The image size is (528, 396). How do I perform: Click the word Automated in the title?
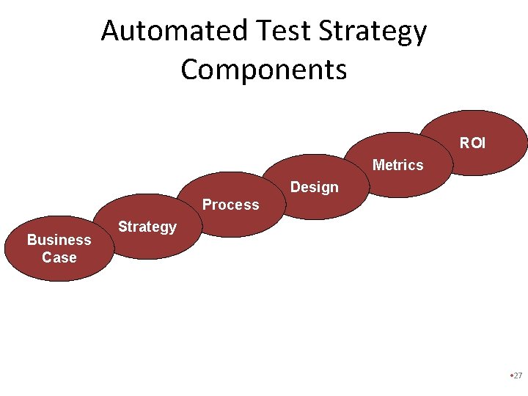(x=175, y=31)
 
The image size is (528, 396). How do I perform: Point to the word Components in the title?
(x=263, y=70)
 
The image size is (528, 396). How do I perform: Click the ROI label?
(x=472, y=143)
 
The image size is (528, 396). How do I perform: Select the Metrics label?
(x=397, y=165)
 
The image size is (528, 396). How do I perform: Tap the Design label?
(x=314, y=187)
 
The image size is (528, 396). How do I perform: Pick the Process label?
(x=230, y=205)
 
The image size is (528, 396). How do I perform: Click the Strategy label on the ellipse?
(x=147, y=227)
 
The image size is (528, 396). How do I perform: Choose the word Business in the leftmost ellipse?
(x=59, y=240)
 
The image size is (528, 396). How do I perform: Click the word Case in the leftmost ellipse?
(x=59, y=257)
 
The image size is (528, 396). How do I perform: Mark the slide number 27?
(x=518, y=375)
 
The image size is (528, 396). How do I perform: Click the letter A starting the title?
(x=110, y=32)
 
